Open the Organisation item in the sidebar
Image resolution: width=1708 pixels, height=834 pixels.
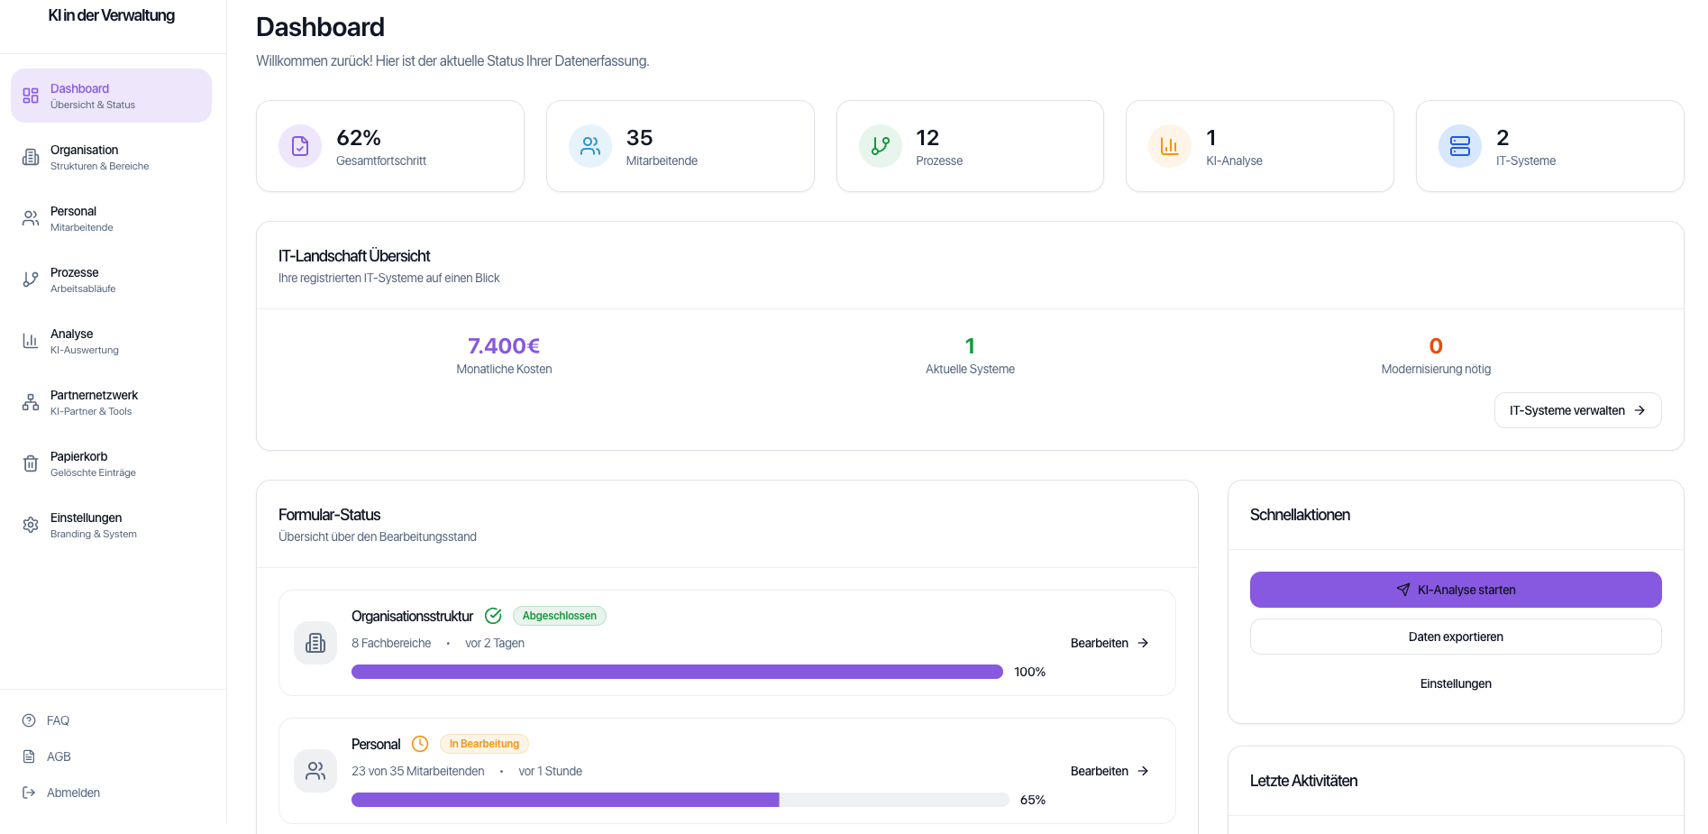[x=85, y=157]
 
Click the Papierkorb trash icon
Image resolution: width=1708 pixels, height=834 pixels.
[x=31, y=463]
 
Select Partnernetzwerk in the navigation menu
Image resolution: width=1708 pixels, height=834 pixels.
[x=94, y=402]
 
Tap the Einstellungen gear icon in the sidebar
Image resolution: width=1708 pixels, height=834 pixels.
[x=31, y=525]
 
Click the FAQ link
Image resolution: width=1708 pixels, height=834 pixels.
[x=58, y=720]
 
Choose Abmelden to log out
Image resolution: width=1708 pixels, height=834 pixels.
[x=73, y=793]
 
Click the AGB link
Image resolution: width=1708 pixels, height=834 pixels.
[x=59, y=756]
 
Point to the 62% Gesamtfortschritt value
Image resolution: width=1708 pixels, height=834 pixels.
[x=359, y=138]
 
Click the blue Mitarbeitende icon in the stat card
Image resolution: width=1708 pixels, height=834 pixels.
[x=590, y=146]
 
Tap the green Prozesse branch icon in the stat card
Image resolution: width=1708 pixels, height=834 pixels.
[x=881, y=146]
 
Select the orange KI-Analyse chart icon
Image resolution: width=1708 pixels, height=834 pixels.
[x=1170, y=146]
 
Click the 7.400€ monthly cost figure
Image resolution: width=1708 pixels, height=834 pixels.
[x=504, y=346]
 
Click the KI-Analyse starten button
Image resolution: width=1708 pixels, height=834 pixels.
[x=1456, y=590]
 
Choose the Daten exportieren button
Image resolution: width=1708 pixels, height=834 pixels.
[x=1456, y=637]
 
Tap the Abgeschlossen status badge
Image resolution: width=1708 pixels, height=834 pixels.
[x=559, y=616]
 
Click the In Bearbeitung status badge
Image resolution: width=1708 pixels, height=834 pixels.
[x=484, y=744]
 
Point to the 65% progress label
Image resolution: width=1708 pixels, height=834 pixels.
[x=1033, y=800]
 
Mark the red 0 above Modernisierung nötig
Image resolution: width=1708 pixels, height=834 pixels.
[x=1436, y=346]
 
